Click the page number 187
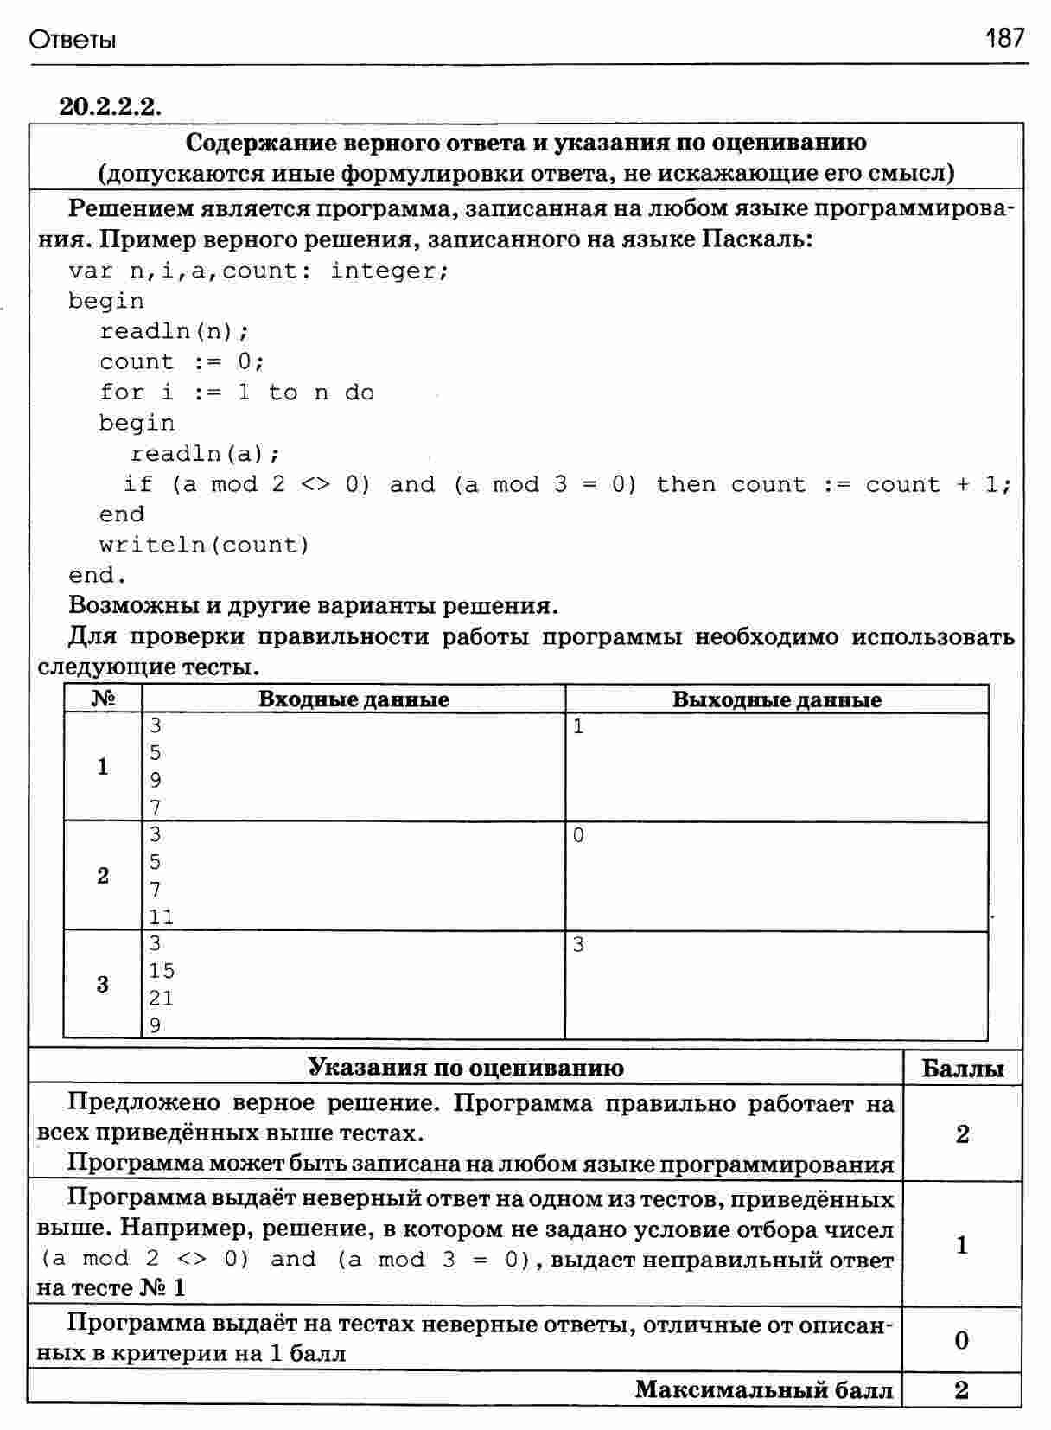coord(1004,38)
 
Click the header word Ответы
coord(73,41)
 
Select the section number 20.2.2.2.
coord(111,106)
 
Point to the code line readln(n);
coord(175,331)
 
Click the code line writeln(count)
coord(204,545)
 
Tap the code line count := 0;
coord(182,361)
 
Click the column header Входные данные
coord(354,699)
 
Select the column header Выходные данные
coord(776,699)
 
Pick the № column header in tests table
coord(103,699)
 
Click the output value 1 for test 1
coord(578,727)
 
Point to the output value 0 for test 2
coord(578,836)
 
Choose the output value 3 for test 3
coord(578,945)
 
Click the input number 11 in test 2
coord(161,917)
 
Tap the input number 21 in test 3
coord(161,999)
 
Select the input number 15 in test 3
coord(161,971)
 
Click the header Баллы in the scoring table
coord(962,1069)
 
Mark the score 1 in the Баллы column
coord(962,1245)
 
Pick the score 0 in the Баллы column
coord(962,1340)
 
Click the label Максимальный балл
coord(763,1389)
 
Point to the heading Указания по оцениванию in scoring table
coord(466,1068)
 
